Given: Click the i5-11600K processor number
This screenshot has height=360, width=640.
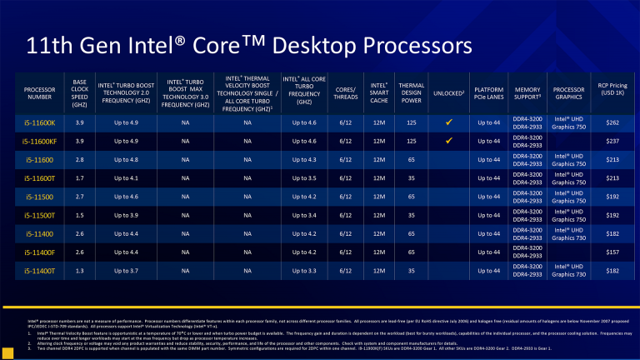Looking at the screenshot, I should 40,122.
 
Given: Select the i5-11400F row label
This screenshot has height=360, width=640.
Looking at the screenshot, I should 40,252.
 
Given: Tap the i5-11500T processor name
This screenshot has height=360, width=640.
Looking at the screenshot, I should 40,215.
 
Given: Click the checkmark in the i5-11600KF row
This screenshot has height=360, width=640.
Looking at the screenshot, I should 448,140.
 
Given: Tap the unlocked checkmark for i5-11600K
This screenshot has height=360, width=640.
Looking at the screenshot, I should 448,122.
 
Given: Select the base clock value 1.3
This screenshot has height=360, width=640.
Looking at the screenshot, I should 79,271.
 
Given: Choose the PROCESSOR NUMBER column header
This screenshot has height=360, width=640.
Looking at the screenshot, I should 40,93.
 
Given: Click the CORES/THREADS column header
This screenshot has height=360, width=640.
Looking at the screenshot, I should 346,93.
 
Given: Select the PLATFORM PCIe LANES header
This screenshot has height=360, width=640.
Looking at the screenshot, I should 488,93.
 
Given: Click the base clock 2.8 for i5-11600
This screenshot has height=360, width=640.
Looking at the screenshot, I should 79,159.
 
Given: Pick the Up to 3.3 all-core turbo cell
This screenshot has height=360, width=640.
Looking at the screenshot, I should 304,271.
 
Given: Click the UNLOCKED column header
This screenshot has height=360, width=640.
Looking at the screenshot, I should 448,92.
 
